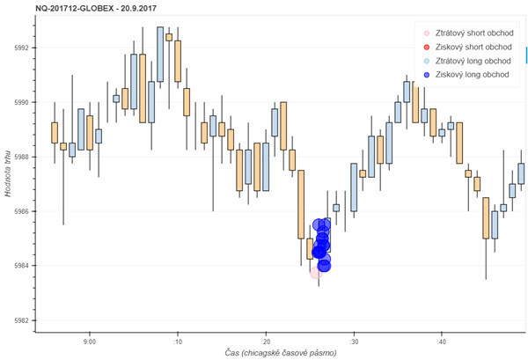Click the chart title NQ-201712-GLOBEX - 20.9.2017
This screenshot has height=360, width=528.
[78, 7]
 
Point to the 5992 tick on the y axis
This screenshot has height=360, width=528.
[20, 48]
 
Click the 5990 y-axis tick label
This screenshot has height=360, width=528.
[20, 102]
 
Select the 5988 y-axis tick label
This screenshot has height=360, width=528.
[20, 157]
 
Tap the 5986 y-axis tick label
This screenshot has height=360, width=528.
[20, 211]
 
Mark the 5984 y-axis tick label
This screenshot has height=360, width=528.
[20, 266]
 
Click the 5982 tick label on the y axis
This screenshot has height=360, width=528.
[20, 320]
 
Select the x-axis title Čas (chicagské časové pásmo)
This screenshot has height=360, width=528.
[281, 353]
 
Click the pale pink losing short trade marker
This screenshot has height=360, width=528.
[315, 273]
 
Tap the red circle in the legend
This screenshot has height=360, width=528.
[426, 47]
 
